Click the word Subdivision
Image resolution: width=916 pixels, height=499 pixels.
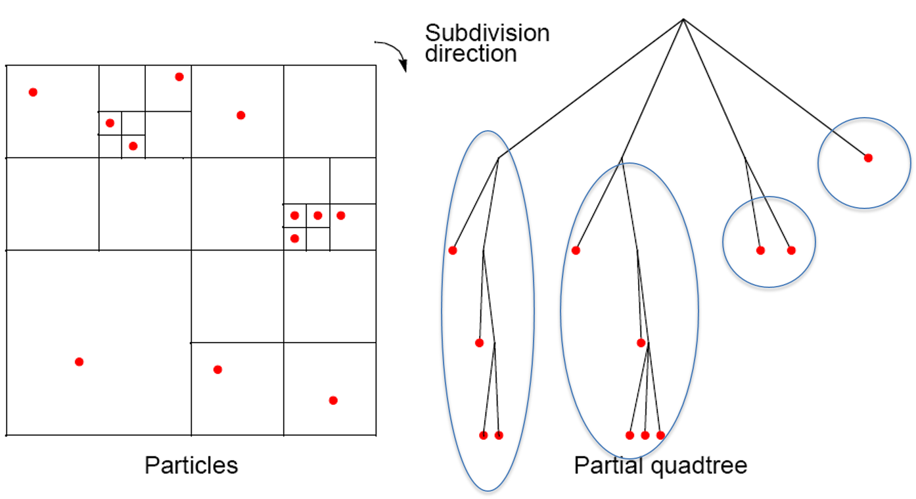click(x=487, y=33)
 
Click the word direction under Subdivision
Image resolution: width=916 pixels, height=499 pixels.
click(x=470, y=53)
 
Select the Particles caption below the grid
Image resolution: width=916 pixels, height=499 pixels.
click(x=191, y=465)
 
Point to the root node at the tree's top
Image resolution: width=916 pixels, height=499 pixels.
click(x=683, y=19)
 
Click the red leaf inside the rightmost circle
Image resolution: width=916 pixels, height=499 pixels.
click(x=868, y=158)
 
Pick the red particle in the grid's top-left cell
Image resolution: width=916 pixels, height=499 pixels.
click(x=33, y=92)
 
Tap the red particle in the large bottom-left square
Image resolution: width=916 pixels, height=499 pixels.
click(x=79, y=362)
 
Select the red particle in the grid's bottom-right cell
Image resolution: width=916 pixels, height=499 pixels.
click(x=333, y=400)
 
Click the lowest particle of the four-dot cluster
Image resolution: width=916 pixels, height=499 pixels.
click(x=294, y=239)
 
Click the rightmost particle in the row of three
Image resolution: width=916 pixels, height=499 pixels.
click(x=340, y=216)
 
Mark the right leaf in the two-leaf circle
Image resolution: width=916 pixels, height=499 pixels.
click(x=791, y=250)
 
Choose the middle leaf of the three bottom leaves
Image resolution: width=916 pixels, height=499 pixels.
click(x=645, y=435)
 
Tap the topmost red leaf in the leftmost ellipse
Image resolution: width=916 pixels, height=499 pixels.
click(x=453, y=250)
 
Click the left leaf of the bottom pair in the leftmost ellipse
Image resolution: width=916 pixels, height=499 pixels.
click(x=484, y=435)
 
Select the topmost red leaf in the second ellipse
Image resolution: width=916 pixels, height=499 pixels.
click(x=576, y=250)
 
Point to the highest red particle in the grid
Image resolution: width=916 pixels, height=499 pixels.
click(x=179, y=77)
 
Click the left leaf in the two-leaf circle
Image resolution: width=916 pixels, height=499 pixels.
click(x=760, y=250)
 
